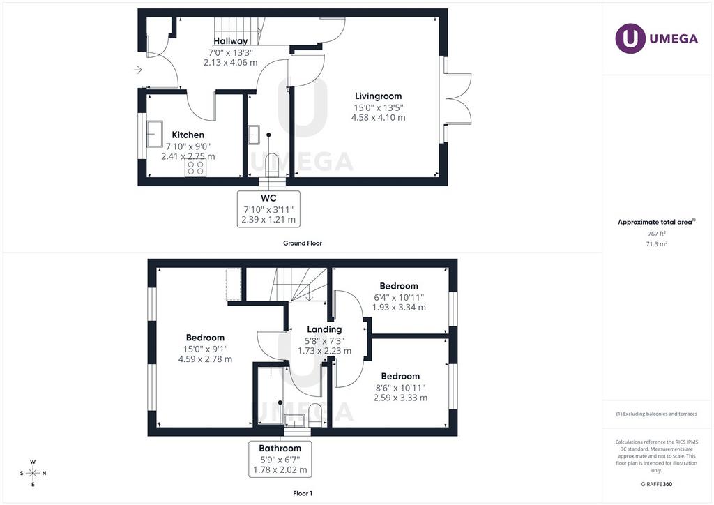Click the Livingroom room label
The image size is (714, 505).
pyautogui.click(x=379, y=96)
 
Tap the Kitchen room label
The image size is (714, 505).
pyautogui.click(x=188, y=135)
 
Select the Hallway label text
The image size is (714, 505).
pyautogui.click(x=231, y=40)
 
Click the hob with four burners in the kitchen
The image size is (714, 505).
pyautogui.click(x=195, y=167)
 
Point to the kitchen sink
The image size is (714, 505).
pyautogui.click(x=154, y=134)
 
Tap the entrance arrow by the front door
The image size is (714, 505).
pyautogui.click(x=138, y=70)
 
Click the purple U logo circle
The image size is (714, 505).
pyautogui.click(x=630, y=38)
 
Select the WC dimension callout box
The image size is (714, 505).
pyautogui.click(x=268, y=209)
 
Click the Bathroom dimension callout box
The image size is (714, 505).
pyautogui.click(x=280, y=459)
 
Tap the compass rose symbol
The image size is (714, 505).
pyautogui.click(x=33, y=473)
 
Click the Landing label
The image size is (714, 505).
pyautogui.click(x=324, y=329)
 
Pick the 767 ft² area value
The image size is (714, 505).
pyautogui.click(x=656, y=234)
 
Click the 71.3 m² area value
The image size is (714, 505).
pyautogui.click(x=657, y=243)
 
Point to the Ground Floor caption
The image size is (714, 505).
pyautogui.click(x=303, y=243)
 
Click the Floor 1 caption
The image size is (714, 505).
pyautogui.click(x=303, y=493)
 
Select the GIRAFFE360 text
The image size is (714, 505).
pyautogui.click(x=657, y=484)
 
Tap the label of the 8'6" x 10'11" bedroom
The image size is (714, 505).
pyautogui.click(x=400, y=376)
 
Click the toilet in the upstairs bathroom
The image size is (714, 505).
pyautogui.click(x=315, y=415)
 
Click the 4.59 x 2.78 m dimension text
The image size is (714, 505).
pyautogui.click(x=206, y=359)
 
